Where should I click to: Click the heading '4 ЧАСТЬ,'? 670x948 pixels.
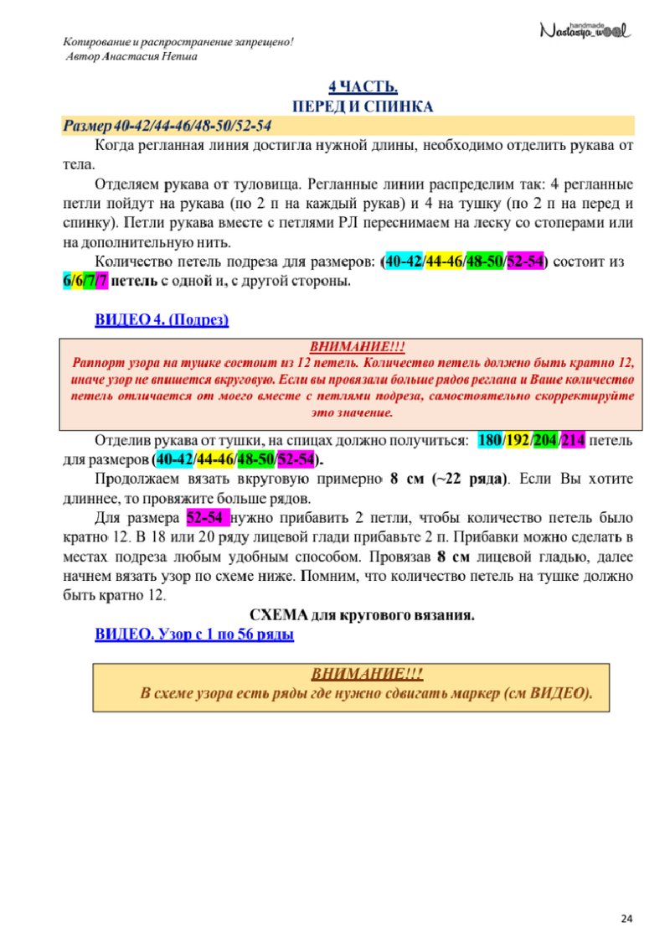pyautogui.click(x=362, y=88)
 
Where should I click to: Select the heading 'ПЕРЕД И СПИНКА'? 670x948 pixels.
pyautogui.click(x=362, y=107)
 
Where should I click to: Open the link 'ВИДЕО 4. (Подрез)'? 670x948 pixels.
pyautogui.click(x=162, y=320)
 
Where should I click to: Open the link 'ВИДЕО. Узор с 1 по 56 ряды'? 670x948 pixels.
pyautogui.click(x=194, y=635)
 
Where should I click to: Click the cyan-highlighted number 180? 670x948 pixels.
pyautogui.click(x=489, y=440)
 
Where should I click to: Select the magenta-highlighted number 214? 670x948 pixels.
pyautogui.click(x=574, y=440)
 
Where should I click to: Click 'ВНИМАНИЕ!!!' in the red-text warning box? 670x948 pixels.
pyautogui.click(x=351, y=346)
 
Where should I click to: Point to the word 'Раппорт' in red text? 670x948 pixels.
pyautogui.click(x=97, y=363)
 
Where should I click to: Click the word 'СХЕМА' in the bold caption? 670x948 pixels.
pyautogui.click(x=280, y=616)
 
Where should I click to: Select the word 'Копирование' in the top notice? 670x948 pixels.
pyautogui.click(x=98, y=43)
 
